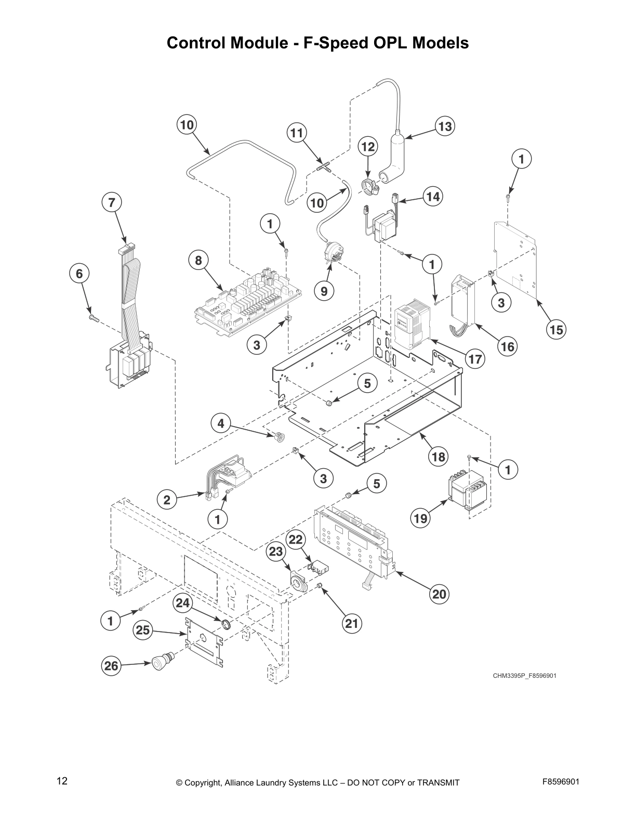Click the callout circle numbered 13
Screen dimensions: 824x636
click(445, 126)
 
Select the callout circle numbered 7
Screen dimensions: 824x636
click(112, 202)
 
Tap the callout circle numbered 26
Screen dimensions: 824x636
click(111, 666)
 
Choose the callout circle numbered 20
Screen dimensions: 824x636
click(440, 594)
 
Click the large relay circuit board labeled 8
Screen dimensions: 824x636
click(247, 302)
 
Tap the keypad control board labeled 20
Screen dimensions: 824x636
click(353, 544)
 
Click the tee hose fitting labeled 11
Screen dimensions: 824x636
click(324, 167)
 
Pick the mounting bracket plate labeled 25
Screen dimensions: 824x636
click(204, 640)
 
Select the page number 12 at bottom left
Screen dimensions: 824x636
click(62, 781)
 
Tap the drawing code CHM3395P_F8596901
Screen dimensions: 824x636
click(525, 676)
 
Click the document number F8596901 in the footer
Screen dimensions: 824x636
click(561, 782)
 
